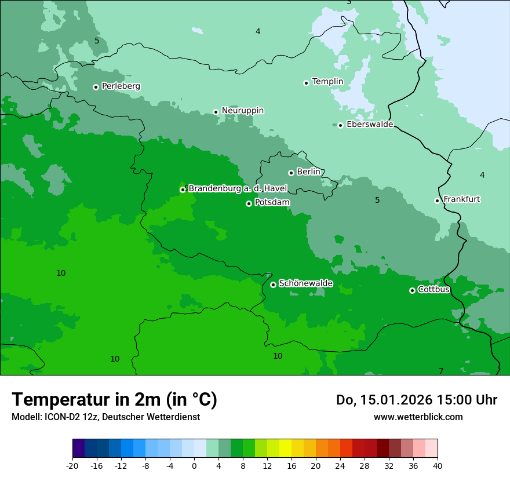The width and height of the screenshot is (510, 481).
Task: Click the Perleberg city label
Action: coord(121,86)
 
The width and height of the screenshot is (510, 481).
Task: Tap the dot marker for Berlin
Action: coord(291,173)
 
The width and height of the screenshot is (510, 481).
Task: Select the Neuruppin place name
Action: coord(242,111)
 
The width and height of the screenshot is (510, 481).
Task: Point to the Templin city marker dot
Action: coord(307,83)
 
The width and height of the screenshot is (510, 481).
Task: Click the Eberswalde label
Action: coord(370,125)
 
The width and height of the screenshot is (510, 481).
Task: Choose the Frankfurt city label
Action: coord(461,199)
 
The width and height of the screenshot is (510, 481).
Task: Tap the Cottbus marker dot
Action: coord(412,290)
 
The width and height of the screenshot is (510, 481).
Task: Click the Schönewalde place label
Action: coord(305,283)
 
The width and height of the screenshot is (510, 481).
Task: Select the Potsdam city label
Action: coord(272,203)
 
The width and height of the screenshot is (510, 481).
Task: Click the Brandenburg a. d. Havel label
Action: coord(238,188)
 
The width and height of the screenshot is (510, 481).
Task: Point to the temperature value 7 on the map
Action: coord(441,371)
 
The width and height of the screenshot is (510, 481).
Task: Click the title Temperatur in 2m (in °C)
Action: coord(114,400)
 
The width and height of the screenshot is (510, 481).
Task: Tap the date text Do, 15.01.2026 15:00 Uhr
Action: coord(416,400)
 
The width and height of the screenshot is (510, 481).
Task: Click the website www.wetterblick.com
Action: coord(418,417)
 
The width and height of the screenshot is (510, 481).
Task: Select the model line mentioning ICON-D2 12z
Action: coord(105,417)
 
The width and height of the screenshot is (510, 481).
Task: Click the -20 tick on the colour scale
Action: coord(72,466)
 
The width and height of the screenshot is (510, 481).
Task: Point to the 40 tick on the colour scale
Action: coord(438,466)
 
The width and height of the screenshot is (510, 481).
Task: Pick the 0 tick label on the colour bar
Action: coord(194,466)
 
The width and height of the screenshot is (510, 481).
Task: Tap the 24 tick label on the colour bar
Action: coord(340,466)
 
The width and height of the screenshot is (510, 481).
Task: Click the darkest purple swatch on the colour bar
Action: coord(79,449)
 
